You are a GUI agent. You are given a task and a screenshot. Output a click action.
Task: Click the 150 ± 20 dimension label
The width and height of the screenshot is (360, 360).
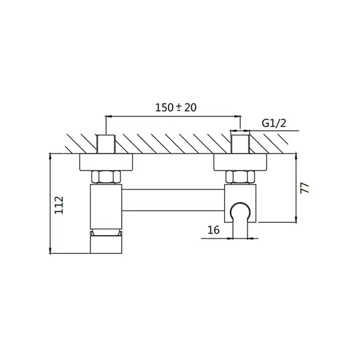pos(176,107)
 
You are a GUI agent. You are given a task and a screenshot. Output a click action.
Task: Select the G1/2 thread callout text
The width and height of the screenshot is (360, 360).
pos(274,123)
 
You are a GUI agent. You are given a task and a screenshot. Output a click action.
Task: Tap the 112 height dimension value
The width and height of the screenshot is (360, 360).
pos(59,205)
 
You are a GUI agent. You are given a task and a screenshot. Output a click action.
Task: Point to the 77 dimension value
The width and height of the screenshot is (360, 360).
pos(305,188)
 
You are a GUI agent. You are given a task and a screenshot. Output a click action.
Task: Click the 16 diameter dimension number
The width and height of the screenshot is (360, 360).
pos(213,230)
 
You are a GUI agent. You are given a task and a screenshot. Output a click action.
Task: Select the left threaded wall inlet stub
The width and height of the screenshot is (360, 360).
pos(106,144)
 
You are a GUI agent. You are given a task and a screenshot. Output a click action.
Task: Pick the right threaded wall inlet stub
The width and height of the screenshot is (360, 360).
pos(240,144)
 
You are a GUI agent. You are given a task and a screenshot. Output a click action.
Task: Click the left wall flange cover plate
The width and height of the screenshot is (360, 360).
pos(106,162)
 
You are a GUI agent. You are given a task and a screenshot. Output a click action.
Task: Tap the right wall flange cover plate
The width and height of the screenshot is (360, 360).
pos(241,162)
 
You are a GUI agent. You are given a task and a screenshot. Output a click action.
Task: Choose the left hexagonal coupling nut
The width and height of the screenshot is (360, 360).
pos(106,177)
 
